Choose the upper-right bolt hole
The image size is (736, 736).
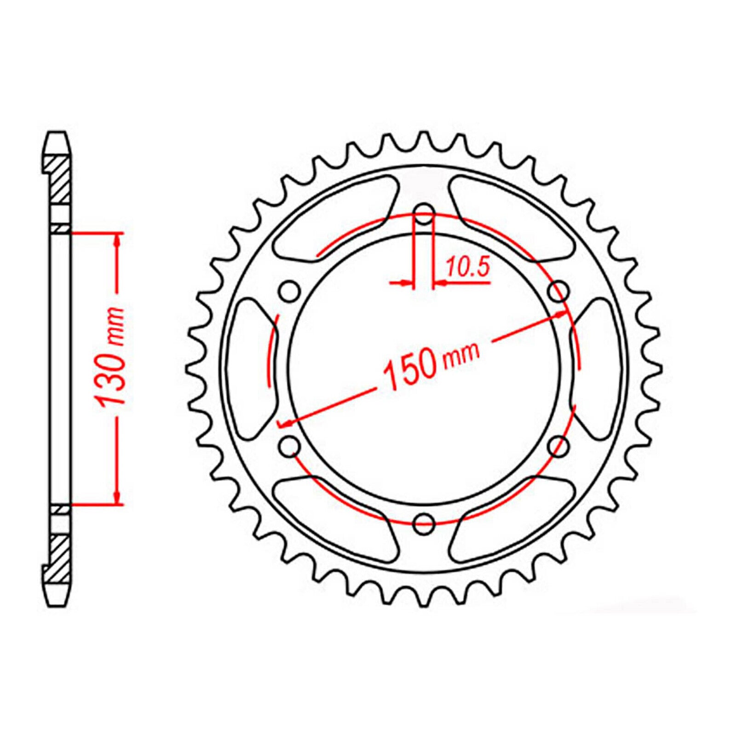pos(559,291)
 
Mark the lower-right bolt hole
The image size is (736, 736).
pos(559,445)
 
